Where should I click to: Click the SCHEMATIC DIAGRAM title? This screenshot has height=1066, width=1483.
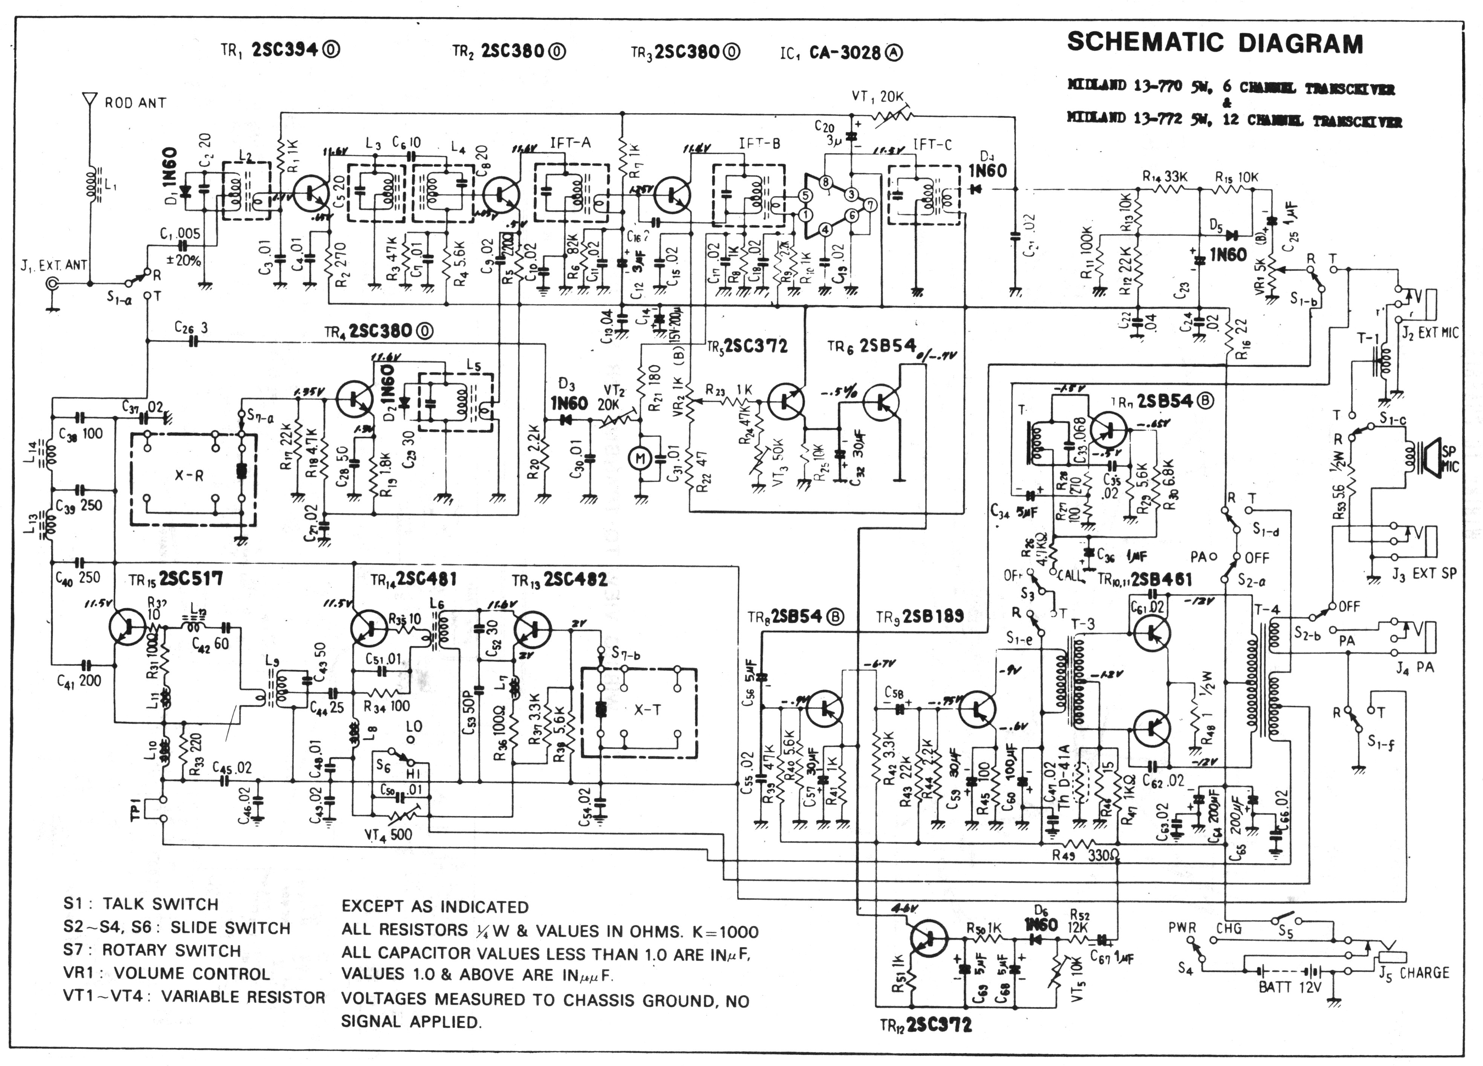point(1215,43)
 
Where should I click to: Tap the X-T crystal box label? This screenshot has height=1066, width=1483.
point(647,710)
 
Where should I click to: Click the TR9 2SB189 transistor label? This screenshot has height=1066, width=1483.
point(919,616)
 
